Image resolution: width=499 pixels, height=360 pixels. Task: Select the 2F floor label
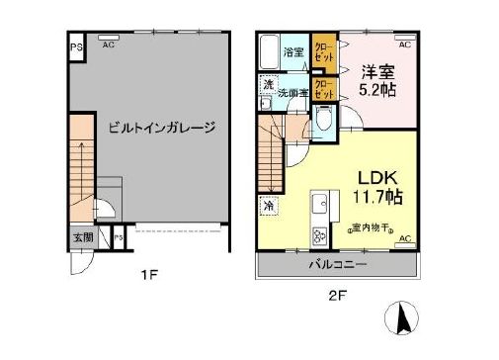tap(336, 294)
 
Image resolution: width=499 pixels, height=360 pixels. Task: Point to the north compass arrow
tap(403, 318)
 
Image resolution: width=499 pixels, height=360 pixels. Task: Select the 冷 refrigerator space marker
tap(269, 206)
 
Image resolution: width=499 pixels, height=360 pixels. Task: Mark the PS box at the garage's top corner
tap(75, 45)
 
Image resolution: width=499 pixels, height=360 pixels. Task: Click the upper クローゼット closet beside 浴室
tap(323, 50)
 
